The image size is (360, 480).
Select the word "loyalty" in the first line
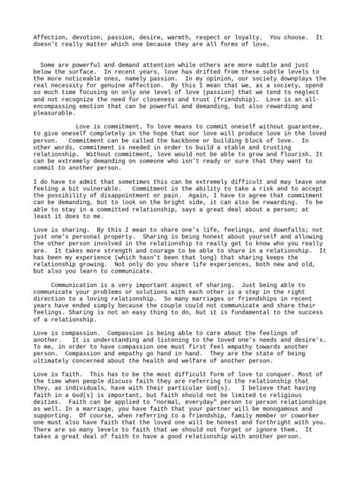click(245, 36)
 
